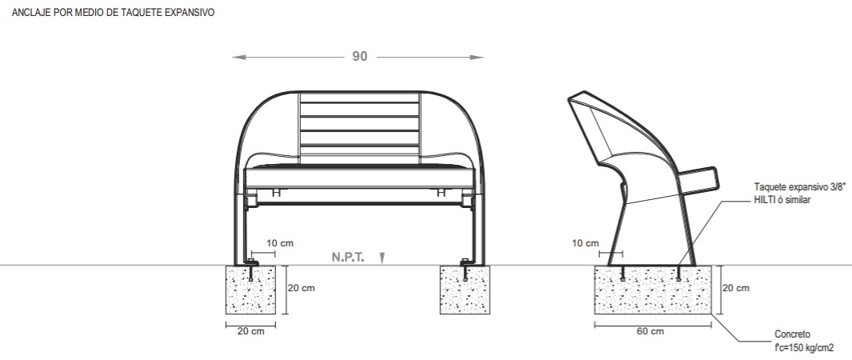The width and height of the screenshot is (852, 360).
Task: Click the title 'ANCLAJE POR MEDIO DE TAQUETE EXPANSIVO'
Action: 113,12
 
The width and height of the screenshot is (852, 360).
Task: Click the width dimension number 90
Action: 360,57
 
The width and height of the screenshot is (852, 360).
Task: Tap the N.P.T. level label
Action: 348,256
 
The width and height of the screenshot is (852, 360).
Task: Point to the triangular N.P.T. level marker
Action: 382,258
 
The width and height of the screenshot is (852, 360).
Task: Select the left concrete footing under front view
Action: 250,290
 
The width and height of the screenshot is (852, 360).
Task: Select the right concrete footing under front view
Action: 465,290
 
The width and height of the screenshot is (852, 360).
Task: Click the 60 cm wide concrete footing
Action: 653,290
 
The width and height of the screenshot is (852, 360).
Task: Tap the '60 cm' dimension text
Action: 650,331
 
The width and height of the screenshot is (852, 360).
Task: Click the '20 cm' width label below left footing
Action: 251,331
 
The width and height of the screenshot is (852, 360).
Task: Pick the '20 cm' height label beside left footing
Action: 301,288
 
